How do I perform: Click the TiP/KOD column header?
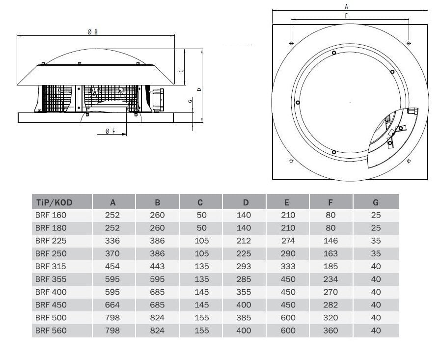coord(55,202)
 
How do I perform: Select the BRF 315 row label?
coord(51,266)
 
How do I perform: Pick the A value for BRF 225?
coord(112,241)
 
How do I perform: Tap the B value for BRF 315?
coord(157,266)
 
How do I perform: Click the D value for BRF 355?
coord(244,279)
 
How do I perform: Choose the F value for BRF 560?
coord(331,331)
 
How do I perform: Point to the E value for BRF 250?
coord(288,254)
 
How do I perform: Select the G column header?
coord(376,202)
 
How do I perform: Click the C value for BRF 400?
coord(202,292)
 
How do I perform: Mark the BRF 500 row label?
coord(51,318)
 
